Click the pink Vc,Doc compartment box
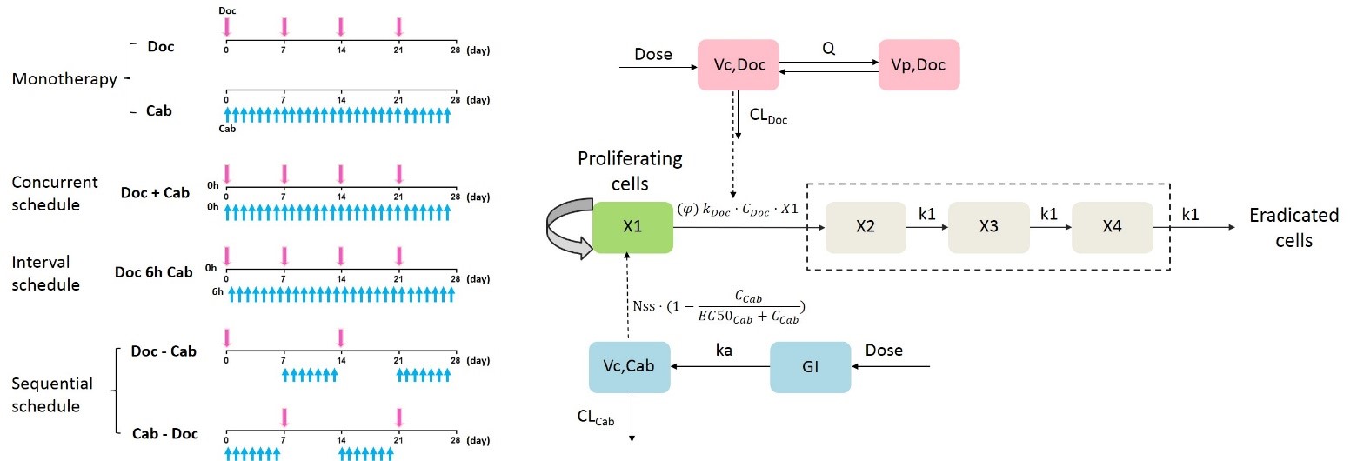pos(739,63)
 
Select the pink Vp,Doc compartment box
pos(919,63)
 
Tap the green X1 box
pos(632,228)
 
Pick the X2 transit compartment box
pos(865,228)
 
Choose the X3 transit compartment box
pos(987,228)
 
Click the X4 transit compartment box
pos(1112,228)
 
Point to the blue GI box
pos(810,367)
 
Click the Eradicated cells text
pos(1293,228)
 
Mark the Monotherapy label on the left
pos(64,79)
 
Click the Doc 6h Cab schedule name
pos(153,272)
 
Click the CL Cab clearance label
pos(596,419)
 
